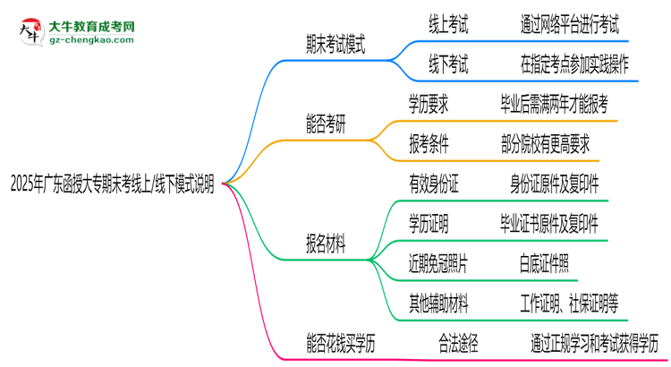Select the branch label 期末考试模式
pyautogui.click(x=335, y=45)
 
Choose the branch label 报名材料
pyautogui.click(x=326, y=242)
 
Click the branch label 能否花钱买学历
pyautogui.click(x=340, y=341)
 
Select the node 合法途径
pyautogui.click(x=457, y=341)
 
